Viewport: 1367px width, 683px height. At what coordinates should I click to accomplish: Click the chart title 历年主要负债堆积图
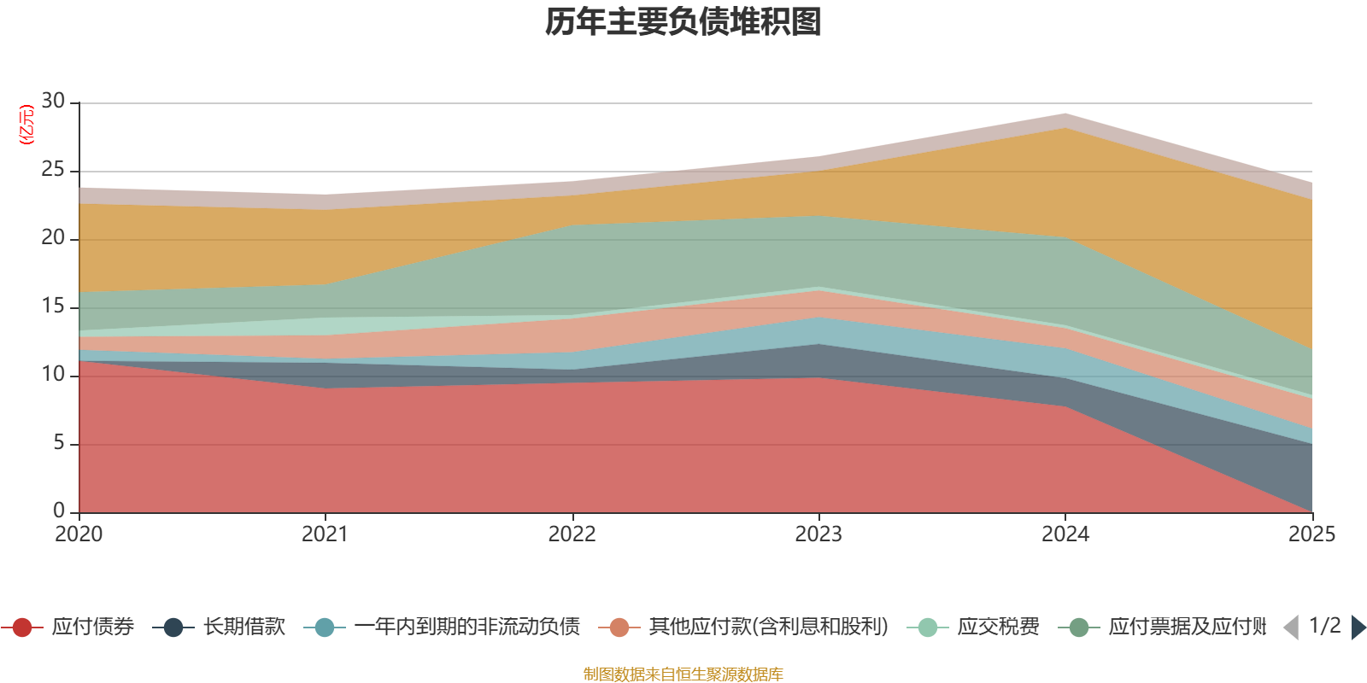click(683, 22)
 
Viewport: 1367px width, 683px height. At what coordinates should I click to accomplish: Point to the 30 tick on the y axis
click(53, 102)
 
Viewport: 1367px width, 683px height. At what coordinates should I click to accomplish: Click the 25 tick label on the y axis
click(53, 170)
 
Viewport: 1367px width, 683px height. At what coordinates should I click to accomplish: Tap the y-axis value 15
click(53, 306)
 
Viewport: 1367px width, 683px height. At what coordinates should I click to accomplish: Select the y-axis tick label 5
click(59, 443)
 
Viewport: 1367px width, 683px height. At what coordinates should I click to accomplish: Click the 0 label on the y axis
click(59, 511)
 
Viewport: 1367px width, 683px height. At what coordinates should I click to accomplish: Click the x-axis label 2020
click(79, 534)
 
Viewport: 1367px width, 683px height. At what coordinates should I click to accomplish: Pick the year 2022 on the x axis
click(572, 534)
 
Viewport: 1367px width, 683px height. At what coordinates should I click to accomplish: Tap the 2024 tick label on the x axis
click(1065, 534)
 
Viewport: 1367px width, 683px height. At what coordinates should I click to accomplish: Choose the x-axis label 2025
click(1311, 534)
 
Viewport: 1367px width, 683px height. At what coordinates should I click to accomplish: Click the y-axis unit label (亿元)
click(26, 125)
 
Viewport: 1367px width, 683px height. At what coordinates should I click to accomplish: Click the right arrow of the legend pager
click(1358, 628)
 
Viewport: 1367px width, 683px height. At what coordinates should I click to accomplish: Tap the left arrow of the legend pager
click(1291, 628)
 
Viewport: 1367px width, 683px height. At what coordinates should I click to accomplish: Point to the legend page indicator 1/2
click(1324, 626)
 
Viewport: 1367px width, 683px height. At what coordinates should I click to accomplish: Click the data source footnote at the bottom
click(683, 674)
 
